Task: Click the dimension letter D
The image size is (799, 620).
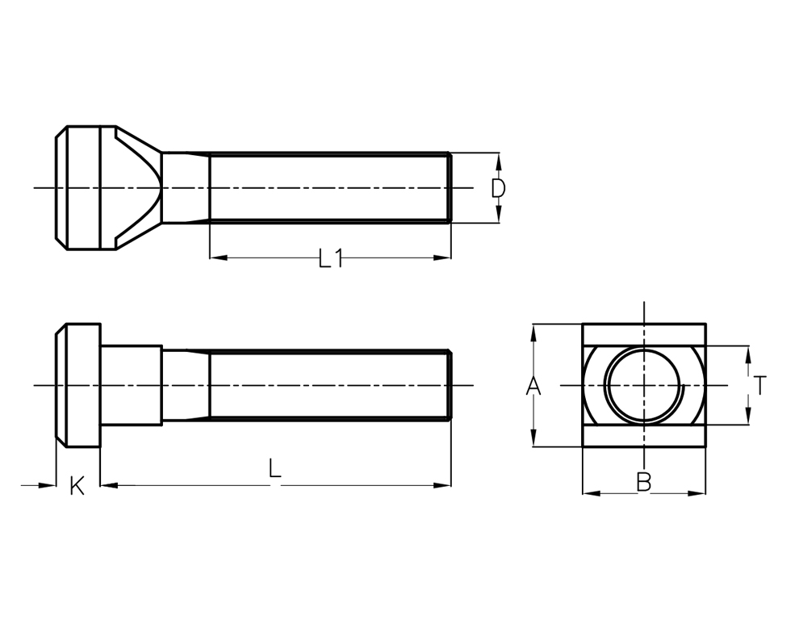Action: [x=499, y=189]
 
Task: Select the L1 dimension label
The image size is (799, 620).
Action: [x=331, y=258]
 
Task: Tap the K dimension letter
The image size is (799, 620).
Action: [x=77, y=486]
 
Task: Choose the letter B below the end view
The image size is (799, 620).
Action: [x=643, y=482]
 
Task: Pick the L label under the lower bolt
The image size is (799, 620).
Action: [x=275, y=469]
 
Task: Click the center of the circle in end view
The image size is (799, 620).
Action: [x=644, y=385]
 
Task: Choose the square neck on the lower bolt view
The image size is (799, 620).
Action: [x=131, y=385]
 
